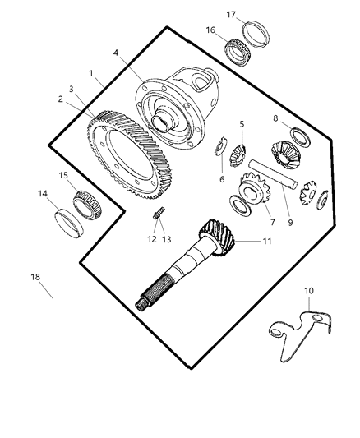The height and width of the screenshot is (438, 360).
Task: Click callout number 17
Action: coord(232,14)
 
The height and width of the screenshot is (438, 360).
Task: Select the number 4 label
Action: coord(115,53)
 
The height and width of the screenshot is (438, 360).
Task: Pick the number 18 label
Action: coord(35,277)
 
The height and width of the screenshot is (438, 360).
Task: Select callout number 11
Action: coord(265,242)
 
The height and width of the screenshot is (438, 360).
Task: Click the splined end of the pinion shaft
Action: coord(148,297)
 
